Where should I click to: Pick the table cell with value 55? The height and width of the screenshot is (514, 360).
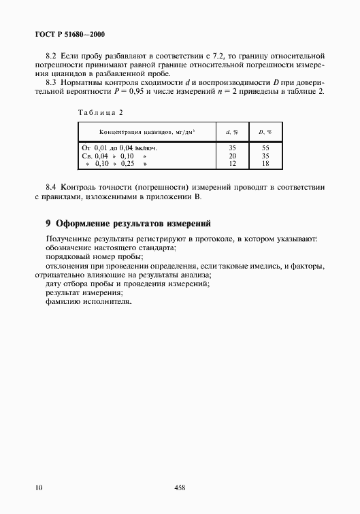265,148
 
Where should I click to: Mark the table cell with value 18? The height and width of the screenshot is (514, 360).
265,164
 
